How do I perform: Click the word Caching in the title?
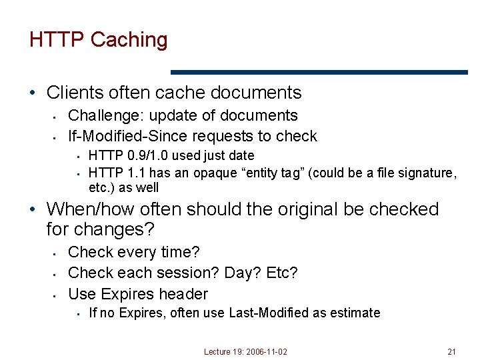129,40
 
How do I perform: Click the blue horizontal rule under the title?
319,72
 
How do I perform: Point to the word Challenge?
105,116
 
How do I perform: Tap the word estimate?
355,313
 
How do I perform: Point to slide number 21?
451,351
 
